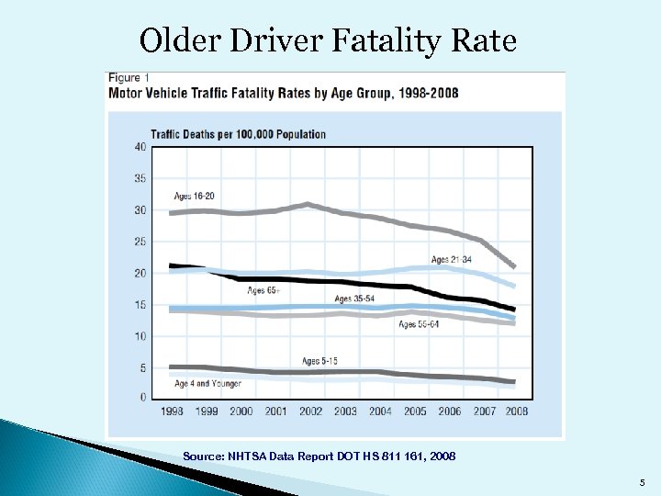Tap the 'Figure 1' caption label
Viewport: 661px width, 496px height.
pyautogui.click(x=129, y=77)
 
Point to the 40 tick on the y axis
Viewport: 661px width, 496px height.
pyautogui.click(x=140, y=147)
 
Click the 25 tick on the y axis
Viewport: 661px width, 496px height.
pyautogui.click(x=140, y=242)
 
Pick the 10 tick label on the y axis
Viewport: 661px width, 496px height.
pyautogui.click(x=140, y=336)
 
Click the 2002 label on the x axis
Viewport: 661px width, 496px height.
pyautogui.click(x=310, y=411)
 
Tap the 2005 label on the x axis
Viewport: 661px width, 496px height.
pyautogui.click(x=415, y=411)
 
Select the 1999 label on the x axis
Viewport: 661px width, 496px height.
pyautogui.click(x=206, y=411)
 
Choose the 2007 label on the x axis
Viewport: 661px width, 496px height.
pyautogui.click(x=484, y=411)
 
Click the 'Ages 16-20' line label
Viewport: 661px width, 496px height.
pyautogui.click(x=194, y=196)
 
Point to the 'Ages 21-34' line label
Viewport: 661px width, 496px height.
pyautogui.click(x=451, y=259)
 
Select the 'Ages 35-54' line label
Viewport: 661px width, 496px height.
pyautogui.click(x=355, y=299)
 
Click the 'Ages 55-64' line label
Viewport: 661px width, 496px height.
pyautogui.click(x=419, y=324)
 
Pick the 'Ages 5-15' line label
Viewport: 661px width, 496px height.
pyautogui.click(x=319, y=360)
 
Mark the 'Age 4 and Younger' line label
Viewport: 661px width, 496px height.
pyautogui.click(x=207, y=383)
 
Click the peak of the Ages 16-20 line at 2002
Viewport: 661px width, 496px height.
pyautogui.click(x=309, y=204)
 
